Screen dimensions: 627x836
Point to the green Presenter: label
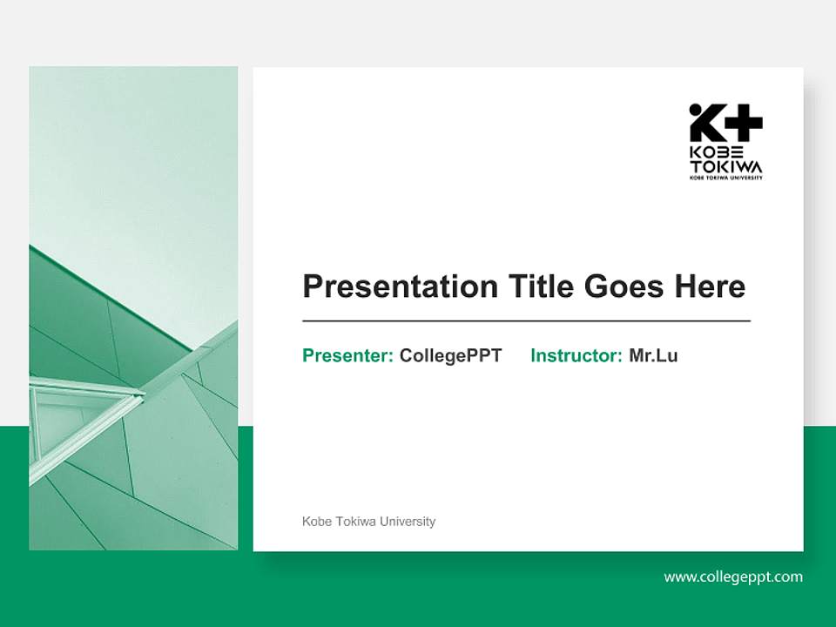pos(347,355)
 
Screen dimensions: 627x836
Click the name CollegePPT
pos(450,355)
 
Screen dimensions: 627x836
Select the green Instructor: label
pos(576,355)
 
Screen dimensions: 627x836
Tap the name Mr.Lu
pos(653,355)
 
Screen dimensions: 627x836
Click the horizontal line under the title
pos(526,321)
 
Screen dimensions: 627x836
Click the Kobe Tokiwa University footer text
pos(368,522)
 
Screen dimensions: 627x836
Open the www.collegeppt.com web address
pos(733,576)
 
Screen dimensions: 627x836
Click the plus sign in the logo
pos(743,124)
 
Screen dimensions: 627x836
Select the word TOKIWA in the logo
pos(725,166)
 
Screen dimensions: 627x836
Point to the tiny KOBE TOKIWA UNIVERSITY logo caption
pos(725,178)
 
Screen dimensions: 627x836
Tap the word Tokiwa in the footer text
pos(355,522)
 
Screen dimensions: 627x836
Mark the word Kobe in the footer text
pos(316,522)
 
